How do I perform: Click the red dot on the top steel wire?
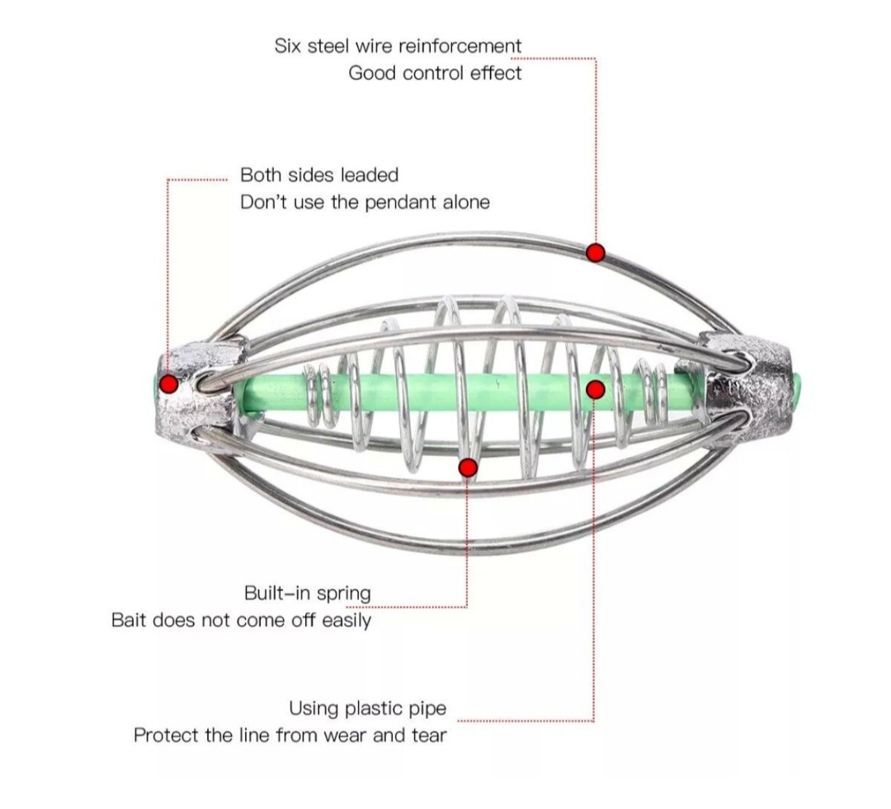595,252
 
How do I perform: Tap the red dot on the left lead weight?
169,384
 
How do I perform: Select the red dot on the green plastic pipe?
595,390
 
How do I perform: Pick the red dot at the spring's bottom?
468,468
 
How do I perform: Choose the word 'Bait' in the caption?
129,620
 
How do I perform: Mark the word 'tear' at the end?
429,736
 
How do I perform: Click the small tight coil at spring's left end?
318,397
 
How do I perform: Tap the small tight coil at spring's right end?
653,392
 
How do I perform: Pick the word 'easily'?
346,620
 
